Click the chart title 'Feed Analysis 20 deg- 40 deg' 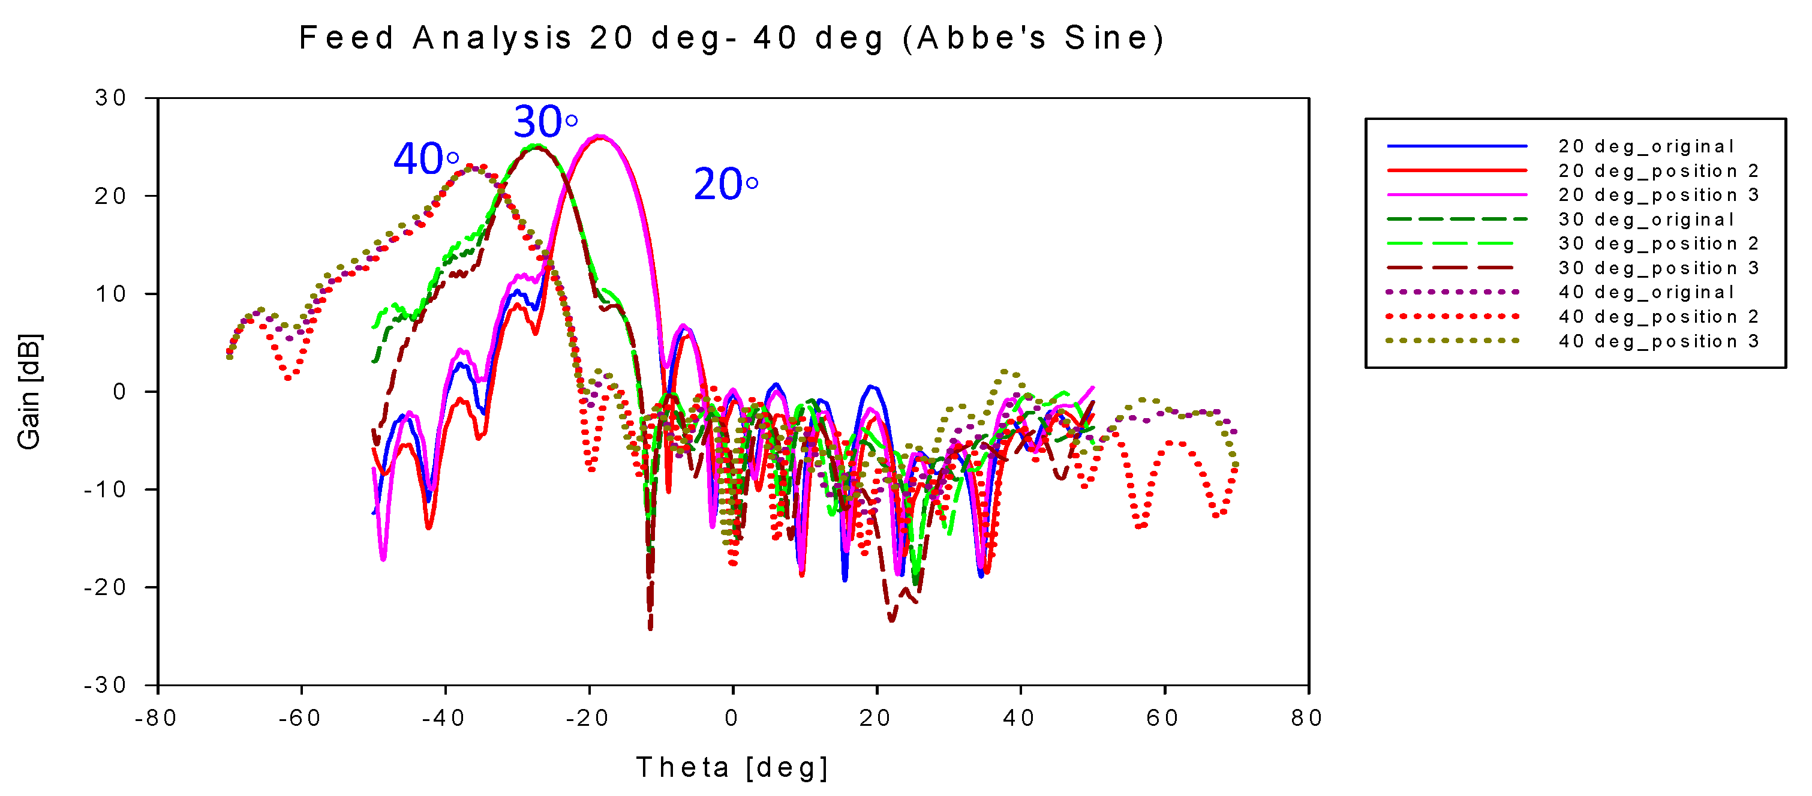[732, 38]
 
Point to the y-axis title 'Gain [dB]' [29, 392]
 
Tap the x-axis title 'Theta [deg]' [732, 767]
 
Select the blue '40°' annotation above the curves [426, 159]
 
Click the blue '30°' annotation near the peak [545, 122]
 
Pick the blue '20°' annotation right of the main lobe [725, 184]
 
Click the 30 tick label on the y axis [111, 98]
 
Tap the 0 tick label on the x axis [732, 718]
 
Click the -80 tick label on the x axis [156, 718]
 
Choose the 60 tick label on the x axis [1164, 718]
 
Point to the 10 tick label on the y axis [111, 294]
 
